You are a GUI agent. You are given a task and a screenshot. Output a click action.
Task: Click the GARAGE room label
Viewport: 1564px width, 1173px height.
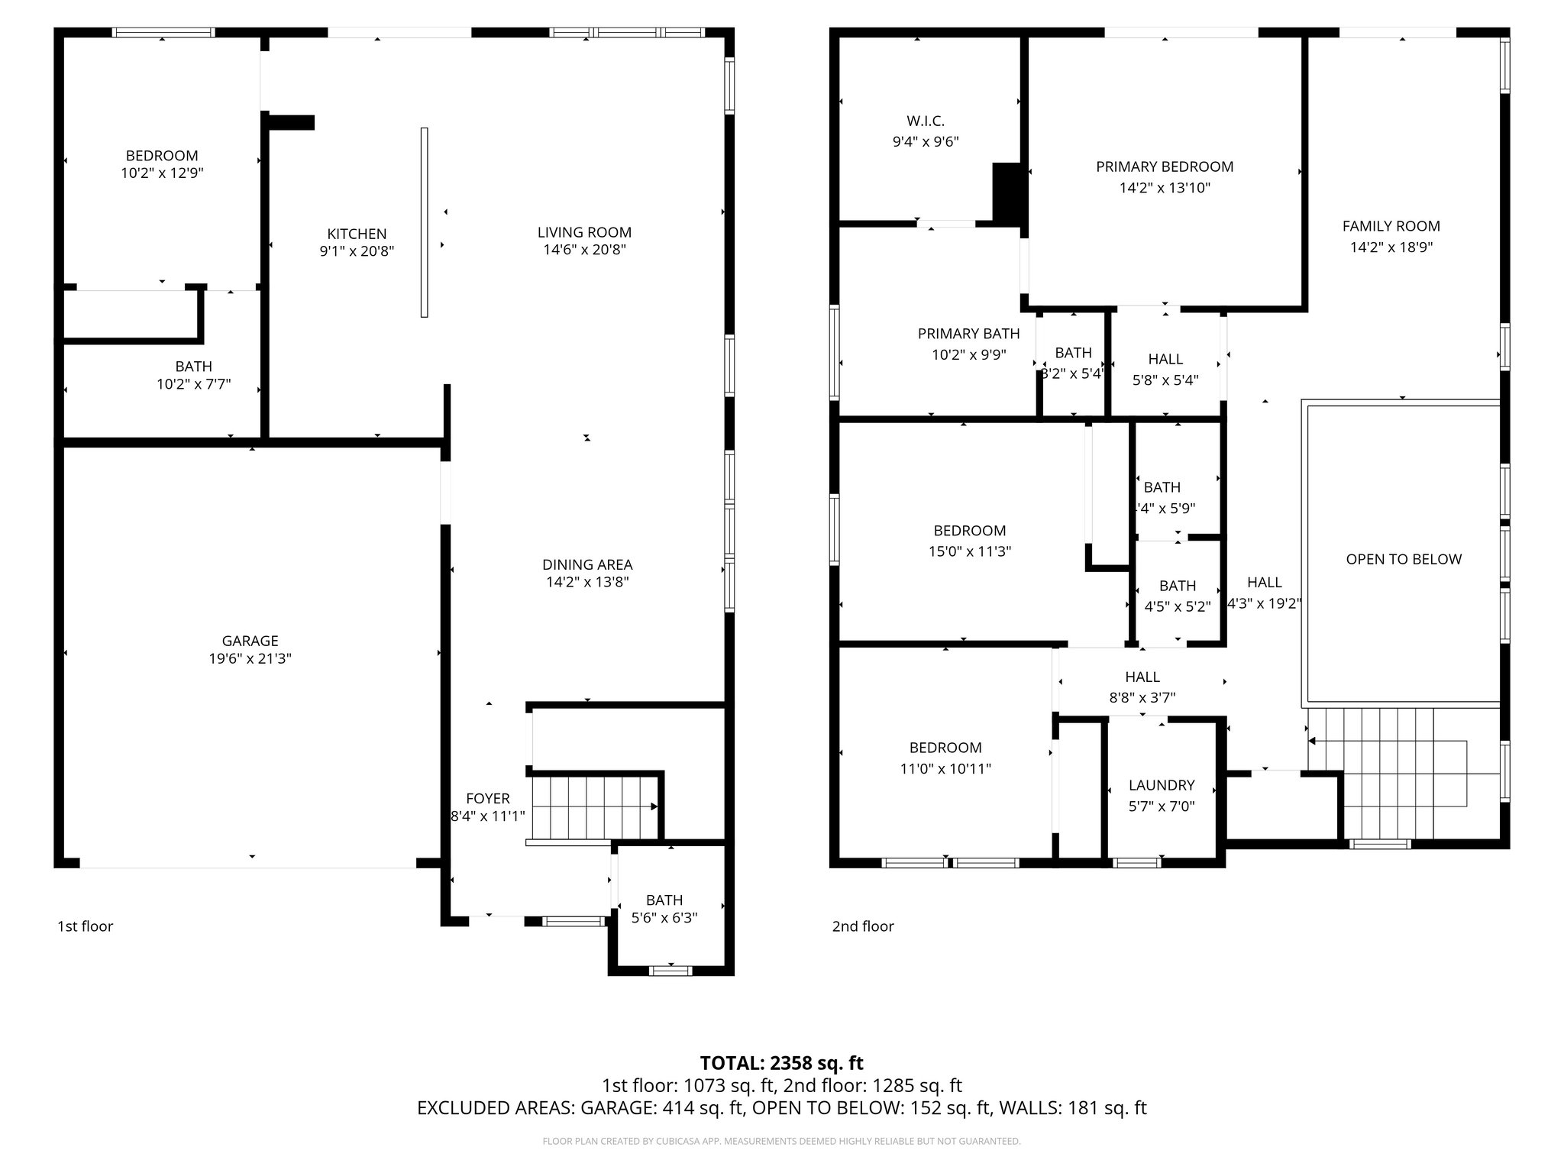[x=250, y=641]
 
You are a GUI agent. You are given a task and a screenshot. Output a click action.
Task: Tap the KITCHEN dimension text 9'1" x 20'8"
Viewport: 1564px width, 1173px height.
[x=357, y=251]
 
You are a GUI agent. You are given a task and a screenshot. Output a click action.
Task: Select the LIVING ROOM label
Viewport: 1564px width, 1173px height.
[x=584, y=232]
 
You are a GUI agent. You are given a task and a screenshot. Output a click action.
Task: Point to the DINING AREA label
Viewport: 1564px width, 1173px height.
[x=587, y=564]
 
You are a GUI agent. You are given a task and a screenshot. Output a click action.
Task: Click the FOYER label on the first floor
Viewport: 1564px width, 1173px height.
[x=487, y=799]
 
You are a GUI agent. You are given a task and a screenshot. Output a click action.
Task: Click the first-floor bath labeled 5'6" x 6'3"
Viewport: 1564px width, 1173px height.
[x=664, y=909]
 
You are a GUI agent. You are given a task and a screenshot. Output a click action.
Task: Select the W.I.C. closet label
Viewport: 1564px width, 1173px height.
[x=926, y=121]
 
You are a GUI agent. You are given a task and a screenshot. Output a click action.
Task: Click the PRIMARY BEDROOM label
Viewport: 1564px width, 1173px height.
[x=1164, y=166]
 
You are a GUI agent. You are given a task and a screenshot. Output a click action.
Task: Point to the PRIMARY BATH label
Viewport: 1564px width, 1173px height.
[x=968, y=334]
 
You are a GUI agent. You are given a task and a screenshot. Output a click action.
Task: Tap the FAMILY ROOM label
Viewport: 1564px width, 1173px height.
[x=1391, y=226]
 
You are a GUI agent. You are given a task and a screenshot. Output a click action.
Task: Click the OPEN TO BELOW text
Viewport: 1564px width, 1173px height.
[x=1403, y=559]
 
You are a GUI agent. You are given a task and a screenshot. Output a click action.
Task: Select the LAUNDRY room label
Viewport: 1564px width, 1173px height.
[x=1161, y=785]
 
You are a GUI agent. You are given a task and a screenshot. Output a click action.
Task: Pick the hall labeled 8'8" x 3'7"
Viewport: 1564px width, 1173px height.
[x=1142, y=687]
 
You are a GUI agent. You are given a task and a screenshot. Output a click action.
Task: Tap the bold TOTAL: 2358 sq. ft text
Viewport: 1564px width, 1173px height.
[x=781, y=1063]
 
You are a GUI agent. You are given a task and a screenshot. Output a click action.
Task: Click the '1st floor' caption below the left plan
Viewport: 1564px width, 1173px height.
[x=85, y=926]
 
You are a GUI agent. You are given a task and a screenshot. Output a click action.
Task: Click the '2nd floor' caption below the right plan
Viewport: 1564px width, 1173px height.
[x=862, y=926]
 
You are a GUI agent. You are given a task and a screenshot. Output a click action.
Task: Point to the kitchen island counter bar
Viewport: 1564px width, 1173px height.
[x=425, y=221]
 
